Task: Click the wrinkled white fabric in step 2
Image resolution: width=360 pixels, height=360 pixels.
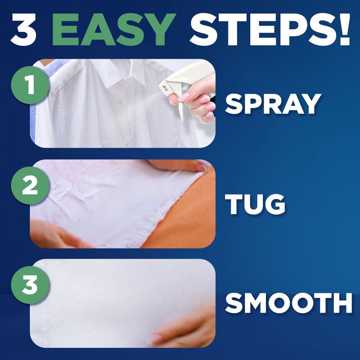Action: tap(112, 198)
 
